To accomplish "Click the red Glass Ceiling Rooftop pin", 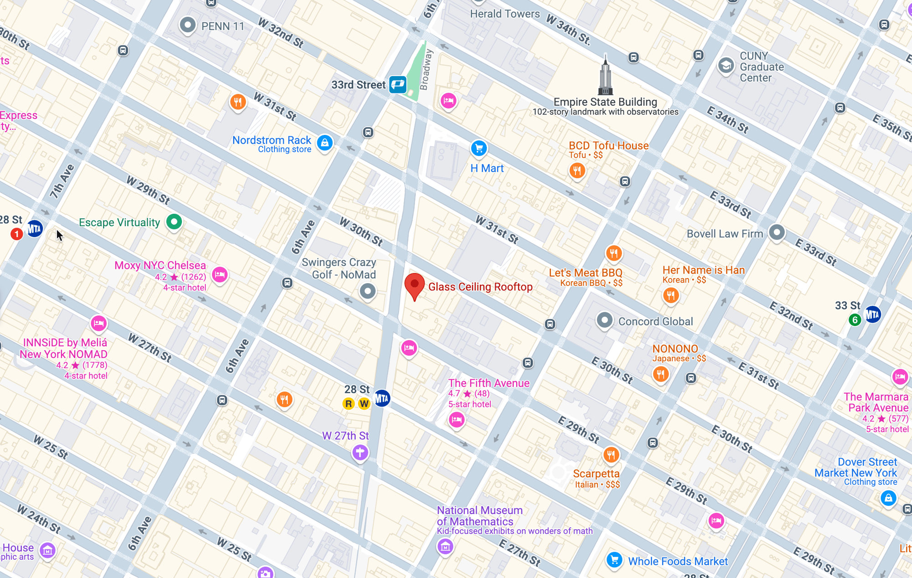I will (415, 284).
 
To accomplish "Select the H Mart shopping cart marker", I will (479, 148).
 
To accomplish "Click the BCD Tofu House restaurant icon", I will (577, 171).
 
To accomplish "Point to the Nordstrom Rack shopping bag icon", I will (325, 143).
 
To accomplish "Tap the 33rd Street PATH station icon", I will (398, 84).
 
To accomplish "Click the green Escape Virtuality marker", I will (174, 222).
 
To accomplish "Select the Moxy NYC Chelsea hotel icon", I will (220, 275).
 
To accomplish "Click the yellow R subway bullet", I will (348, 403).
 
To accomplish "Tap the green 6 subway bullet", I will (855, 320).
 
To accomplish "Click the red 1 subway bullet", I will (17, 234).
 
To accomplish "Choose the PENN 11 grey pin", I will (187, 25).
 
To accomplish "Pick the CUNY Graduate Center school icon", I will (726, 66).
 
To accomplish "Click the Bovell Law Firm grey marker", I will (777, 232).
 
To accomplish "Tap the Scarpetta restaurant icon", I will (611, 454).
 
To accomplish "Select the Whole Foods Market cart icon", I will (614, 559).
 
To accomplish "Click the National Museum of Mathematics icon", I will (445, 546).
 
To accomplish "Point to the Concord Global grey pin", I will (605, 320).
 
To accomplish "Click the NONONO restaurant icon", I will (660, 374).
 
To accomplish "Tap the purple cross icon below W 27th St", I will (360, 453).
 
